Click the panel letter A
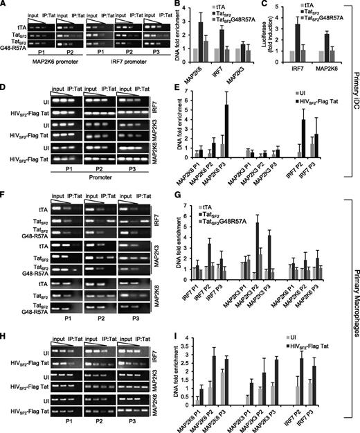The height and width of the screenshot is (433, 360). pos(5,6)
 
